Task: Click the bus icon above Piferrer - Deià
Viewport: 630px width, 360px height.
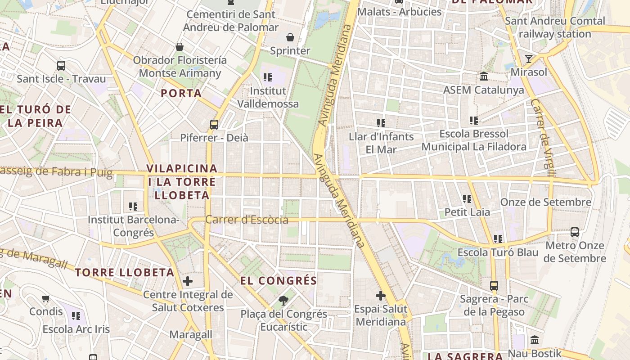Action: click(x=214, y=125)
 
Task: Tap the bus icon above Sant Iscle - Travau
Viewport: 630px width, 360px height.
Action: click(x=61, y=66)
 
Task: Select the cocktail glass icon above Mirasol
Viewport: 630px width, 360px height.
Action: click(x=528, y=58)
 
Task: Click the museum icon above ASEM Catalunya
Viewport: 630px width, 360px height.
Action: click(x=484, y=76)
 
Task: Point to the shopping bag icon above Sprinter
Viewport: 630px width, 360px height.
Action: click(x=290, y=37)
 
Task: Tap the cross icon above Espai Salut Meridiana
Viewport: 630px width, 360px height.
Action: click(x=381, y=296)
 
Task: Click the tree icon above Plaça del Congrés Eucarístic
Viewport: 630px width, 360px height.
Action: click(x=283, y=300)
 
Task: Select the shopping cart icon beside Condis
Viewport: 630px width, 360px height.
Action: click(x=45, y=298)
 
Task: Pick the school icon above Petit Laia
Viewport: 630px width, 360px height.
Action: click(x=467, y=198)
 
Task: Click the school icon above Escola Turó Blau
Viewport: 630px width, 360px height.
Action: click(x=498, y=238)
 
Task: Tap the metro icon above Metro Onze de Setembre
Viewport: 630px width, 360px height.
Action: click(x=575, y=232)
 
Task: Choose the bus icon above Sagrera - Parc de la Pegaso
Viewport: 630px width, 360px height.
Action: click(x=494, y=285)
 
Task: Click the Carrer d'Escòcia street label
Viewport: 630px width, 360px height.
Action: click(x=247, y=220)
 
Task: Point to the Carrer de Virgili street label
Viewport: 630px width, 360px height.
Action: click(x=543, y=137)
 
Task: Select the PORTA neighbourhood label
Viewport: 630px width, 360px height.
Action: click(x=181, y=93)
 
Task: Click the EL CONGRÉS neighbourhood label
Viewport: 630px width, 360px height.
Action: click(x=279, y=281)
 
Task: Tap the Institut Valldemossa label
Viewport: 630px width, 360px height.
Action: click(x=268, y=97)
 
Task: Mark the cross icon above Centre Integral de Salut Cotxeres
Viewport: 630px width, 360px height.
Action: click(x=188, y=282)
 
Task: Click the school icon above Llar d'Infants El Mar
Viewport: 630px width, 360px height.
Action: click(x=381, y=123)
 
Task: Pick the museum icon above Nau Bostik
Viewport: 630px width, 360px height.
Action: click(x=535, y=340)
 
